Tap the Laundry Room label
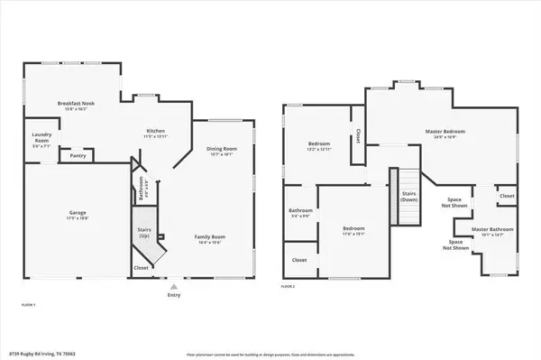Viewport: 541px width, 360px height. pos(40,138)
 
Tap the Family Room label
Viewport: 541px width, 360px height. pos(210,236)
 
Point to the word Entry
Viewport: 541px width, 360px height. pos(174,294)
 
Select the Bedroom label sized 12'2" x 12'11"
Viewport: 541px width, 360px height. pos(318,143)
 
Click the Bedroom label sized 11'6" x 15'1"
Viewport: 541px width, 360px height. pos(353,228)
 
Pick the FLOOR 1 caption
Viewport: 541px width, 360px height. pos(28,305)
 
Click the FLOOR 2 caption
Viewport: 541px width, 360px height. pos(288,285)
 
